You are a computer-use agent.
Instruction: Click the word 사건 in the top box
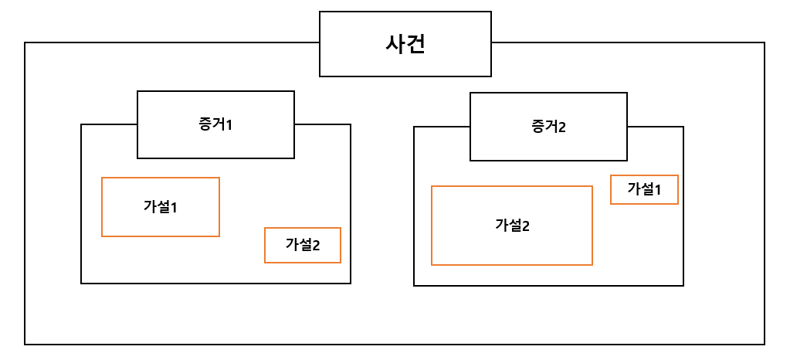[405, 43]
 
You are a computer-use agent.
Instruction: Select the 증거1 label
[215, 124]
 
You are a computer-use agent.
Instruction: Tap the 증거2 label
[548, 127]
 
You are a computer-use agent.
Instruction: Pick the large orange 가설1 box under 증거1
[161, 207]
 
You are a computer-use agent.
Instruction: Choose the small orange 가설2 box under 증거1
[303, 245]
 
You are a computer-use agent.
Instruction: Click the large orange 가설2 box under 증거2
[512, 226]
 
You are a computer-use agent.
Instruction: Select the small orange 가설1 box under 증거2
[644, 189]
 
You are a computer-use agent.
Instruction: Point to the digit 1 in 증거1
[229, 124]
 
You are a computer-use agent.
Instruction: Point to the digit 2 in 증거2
[562, 127]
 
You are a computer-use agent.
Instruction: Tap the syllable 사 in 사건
[395, 43]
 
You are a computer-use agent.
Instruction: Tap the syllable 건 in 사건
[415, 43]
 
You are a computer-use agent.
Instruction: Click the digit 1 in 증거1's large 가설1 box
[174, 207]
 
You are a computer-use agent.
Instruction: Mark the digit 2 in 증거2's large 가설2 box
[526, 226]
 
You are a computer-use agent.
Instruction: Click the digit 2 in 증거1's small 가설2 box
[316, 246]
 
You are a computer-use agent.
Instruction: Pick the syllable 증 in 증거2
[539, 127]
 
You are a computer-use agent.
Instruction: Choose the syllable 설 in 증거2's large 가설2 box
[514, 226]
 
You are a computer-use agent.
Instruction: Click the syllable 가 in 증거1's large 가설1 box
[150, 207]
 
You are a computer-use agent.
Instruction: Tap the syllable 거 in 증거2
[551, 127]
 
